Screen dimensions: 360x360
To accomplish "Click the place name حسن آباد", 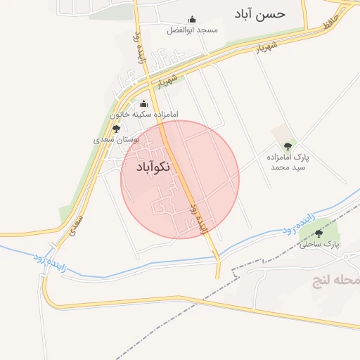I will pos(262,14).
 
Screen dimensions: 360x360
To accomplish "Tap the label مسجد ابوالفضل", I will pos(193,30).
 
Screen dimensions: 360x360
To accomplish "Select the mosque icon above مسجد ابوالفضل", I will pos(193,20).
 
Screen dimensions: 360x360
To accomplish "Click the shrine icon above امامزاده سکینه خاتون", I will pos(144,103).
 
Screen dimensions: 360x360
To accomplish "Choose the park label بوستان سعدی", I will pos(117,140).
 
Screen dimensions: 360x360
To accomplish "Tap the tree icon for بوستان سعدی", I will pos(116,129).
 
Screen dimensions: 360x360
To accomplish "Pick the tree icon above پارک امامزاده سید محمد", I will pos(287,146).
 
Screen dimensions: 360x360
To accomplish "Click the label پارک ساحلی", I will pos(319,245).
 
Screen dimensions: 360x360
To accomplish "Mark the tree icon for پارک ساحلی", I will pos(319,233).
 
